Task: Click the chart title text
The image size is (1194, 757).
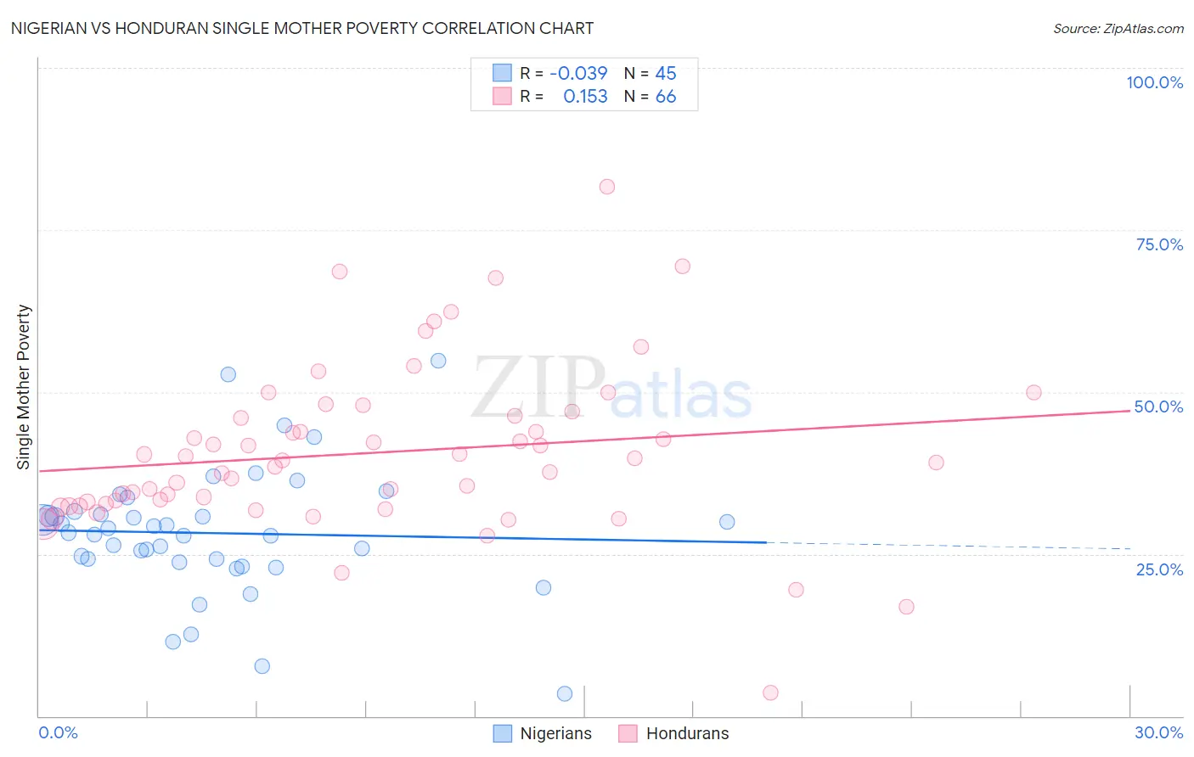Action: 302,28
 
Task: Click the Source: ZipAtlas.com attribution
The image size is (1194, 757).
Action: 1118,28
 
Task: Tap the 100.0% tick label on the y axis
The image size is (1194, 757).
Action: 1154,82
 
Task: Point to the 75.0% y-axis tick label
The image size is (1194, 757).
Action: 1159,244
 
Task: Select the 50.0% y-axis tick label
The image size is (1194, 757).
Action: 1158,407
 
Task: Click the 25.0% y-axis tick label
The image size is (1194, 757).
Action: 1159,569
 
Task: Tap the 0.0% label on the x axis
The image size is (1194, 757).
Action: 58,732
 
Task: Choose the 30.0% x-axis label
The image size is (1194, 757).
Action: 1158,732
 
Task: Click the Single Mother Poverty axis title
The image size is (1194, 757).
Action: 24,387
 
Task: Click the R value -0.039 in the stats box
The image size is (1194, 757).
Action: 578,74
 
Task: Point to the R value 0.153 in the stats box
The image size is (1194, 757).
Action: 585,97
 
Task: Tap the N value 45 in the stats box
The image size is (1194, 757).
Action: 666,74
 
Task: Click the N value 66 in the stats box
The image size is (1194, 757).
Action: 666,97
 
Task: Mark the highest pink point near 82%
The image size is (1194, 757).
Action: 606,187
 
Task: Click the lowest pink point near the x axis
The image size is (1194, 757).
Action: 770,693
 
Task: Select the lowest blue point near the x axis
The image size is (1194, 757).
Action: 565,694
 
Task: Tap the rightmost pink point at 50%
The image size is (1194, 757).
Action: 1033,392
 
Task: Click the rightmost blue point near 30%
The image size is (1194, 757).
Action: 727,522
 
